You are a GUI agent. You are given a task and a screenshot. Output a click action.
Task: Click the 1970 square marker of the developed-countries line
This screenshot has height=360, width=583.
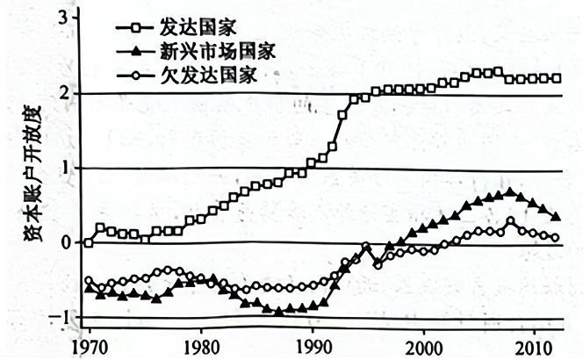tap(88, 243)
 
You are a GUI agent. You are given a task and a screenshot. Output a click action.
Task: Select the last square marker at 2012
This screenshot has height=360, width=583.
tap(558, 78)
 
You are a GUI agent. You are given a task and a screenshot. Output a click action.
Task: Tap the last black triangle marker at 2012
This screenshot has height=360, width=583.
tap(558, 216)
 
